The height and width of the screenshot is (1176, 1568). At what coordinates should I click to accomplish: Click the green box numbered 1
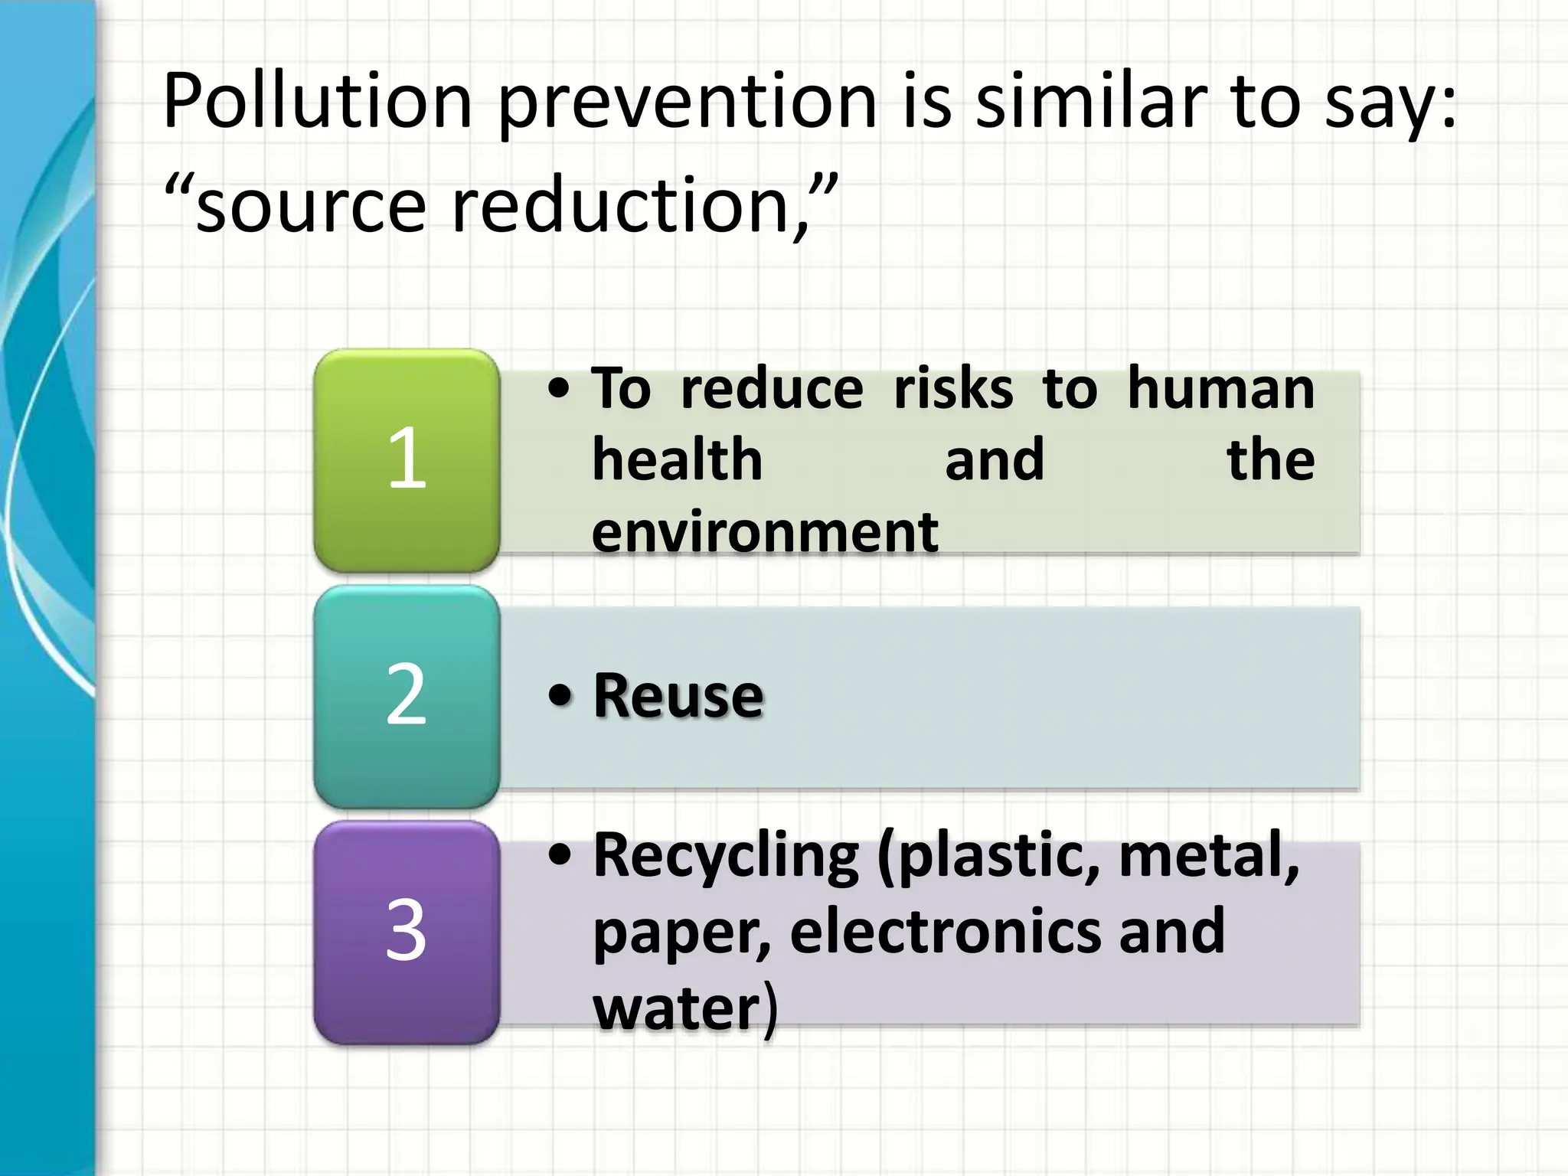[x=407, y=460]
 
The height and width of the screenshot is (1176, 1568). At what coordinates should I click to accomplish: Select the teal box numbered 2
[x=407, y=696]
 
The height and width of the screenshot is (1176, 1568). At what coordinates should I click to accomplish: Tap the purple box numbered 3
[x=407, y=932]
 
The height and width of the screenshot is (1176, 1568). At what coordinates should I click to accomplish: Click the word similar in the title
[x=1090, y=102]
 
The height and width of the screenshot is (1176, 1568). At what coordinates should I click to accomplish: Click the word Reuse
[x=678, y=696]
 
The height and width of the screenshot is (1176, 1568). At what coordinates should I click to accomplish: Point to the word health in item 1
[x=678, y=460]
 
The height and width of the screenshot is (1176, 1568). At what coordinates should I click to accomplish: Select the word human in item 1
[x=1220, y=389]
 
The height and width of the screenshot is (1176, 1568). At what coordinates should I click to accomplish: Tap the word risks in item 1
[x=953, y=389]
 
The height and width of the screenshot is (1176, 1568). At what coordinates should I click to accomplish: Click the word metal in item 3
[x=1205, y=856]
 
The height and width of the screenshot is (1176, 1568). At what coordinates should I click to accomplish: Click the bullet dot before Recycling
[x=560, y=856]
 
